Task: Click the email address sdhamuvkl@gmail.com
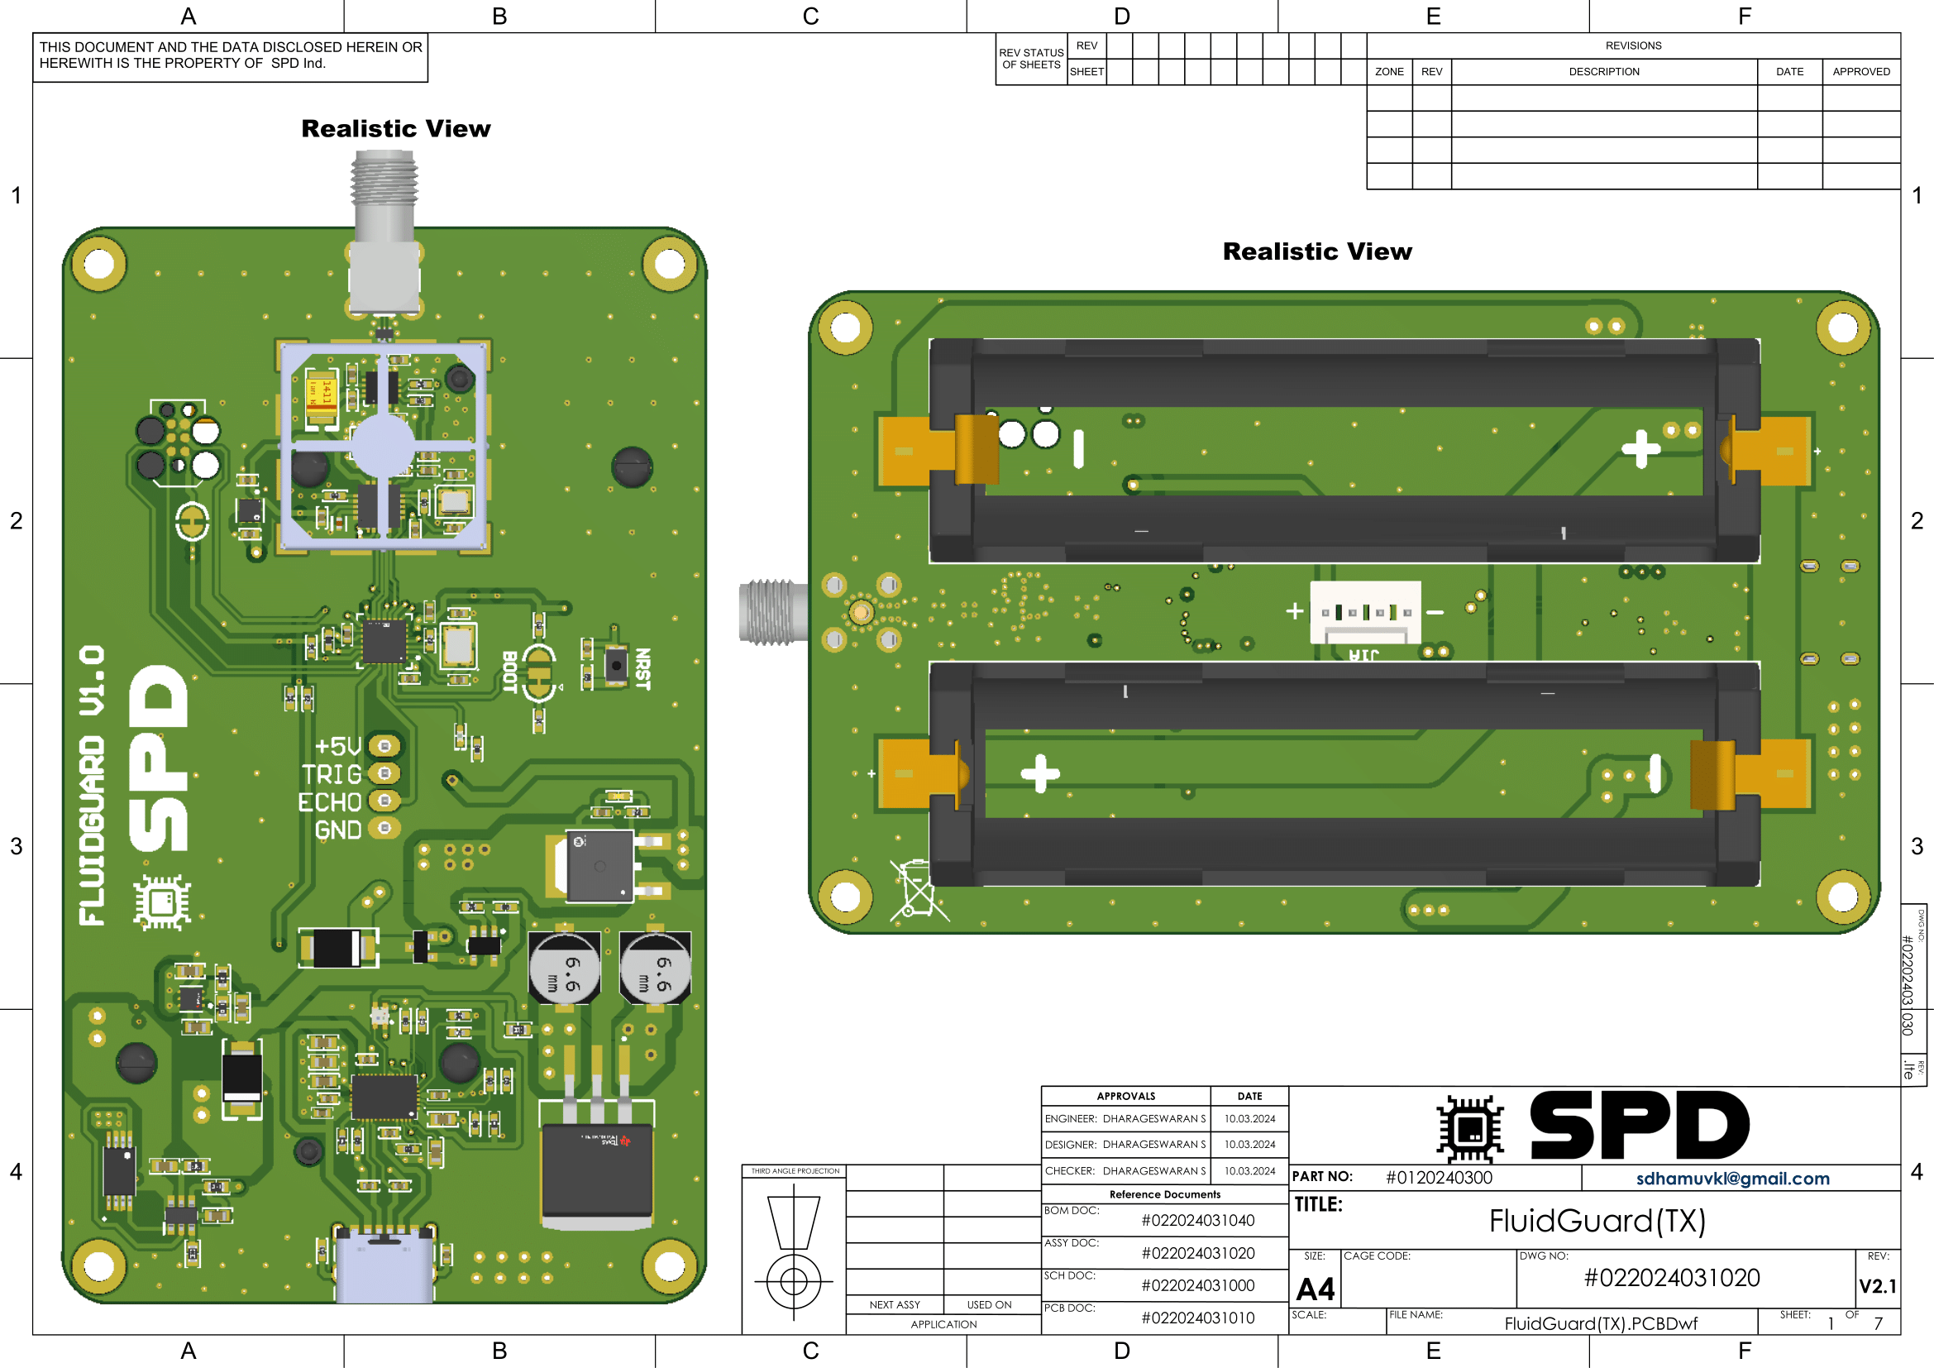[x=1732, y=1179]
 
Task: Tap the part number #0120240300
[x=1439, y=1178]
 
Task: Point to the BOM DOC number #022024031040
[x=1197, y=1221]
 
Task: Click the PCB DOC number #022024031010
[x=1197, y=1318]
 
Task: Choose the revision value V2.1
[x=1877, y=1286]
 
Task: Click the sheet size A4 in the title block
[x=1315, y=1289]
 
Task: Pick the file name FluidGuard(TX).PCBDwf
[x=1601, y=1323]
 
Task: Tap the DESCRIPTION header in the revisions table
[x=1604, y=72]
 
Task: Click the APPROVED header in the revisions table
[x=1860, y=72]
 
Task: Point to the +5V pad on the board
[x=385, y=745]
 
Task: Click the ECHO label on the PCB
[x=329, y=802]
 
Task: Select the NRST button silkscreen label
[x=642, y=669]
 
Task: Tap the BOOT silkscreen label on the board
[x=509, y=672]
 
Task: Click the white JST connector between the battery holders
[x=1364, y=612]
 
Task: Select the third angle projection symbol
[x=794, y=1246]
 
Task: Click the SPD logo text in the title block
[x=1638, y=1126]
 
